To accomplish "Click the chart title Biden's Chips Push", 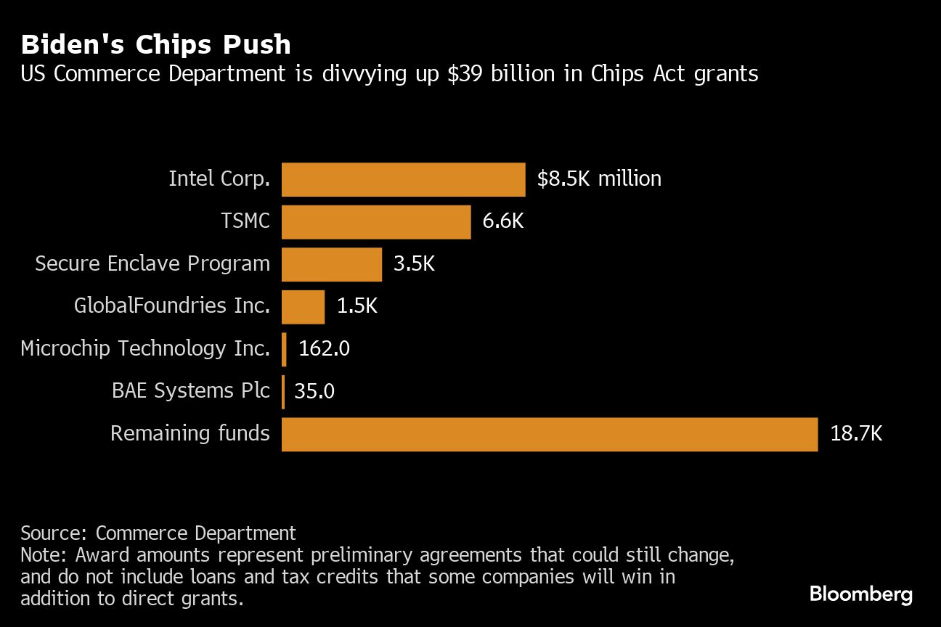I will pos(155,45).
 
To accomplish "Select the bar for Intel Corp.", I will pos(403,179).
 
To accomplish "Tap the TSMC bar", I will pos(375,221).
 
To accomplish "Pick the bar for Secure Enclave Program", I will pos(331,264).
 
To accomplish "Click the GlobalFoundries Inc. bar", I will pos(303,306).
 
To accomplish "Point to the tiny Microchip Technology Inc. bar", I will pos(284,349).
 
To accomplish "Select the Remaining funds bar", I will pos(549,434).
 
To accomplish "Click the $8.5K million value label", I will pos(599,179).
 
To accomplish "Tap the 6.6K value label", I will pos(502,221).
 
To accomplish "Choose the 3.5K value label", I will pos(414,264).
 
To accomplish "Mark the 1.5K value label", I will pos(357,306).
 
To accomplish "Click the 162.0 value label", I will pos(324,349).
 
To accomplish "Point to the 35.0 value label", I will pos(314,392).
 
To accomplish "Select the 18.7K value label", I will pos(856,434).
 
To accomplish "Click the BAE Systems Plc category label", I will pos(190,391).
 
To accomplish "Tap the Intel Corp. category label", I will pos(219,179).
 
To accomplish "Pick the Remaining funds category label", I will pos(190,434).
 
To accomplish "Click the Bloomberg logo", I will pos(861,594).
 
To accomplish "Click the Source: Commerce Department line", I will pos(158,533).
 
